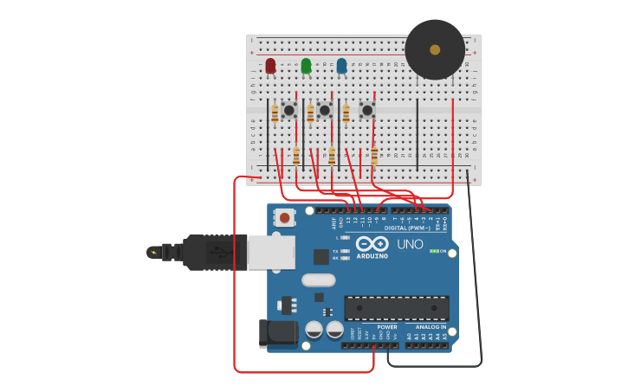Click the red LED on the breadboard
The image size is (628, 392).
pos(270,66)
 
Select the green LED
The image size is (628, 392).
pos(306,66)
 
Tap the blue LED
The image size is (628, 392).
pos(341,66)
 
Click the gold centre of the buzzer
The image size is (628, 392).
pos(435,49)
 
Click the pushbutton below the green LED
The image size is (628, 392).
pos(324,110)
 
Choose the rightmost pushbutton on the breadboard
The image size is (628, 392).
pos(366,110)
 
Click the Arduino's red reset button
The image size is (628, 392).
pos(285,218)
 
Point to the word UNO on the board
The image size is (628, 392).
pos(410,245)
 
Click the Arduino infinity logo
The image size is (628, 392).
pos(372,244)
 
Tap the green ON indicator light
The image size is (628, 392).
pos(433,251)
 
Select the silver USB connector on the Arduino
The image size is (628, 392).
pos(271,252)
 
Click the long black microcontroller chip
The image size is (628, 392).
pos(397,308)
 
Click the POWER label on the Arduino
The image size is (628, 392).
pos(387,327)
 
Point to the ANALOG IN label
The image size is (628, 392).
pos(431,327)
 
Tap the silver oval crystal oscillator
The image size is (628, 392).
pos(319,280)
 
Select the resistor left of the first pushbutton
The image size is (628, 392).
pos(275,112)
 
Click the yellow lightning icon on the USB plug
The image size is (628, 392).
pos(154,253)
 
